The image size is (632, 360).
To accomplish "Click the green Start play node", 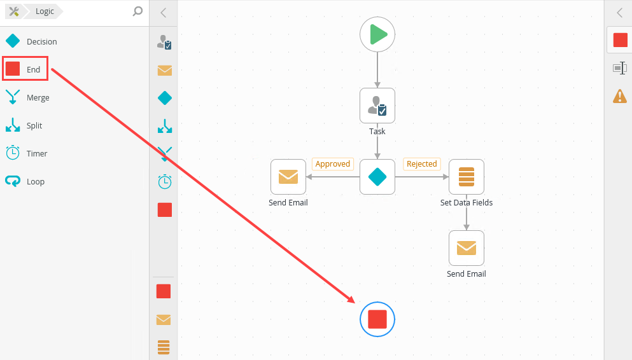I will click(377, 34).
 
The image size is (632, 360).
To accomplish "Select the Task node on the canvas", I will click(377, 106).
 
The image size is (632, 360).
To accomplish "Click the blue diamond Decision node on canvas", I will click(377, 177).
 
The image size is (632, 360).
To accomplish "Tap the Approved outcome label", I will click(333, 164).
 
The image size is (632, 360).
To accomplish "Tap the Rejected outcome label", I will click(422, 164).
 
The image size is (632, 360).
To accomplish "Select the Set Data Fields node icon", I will click(467, 177).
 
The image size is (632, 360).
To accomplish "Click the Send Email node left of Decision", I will click(288, 177).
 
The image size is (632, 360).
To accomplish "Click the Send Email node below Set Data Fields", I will click(467, 248).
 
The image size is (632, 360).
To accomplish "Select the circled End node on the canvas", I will click(377, 319).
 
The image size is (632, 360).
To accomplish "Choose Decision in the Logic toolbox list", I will click(41, 42).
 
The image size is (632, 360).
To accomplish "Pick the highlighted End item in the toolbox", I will click(25, 69).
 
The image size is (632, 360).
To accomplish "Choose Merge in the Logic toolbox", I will click(38, 98).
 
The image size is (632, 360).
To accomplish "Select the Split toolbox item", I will click(34, 126).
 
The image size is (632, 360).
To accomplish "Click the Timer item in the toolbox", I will click(37, 154).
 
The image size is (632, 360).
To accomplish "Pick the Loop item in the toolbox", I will click(36, 182).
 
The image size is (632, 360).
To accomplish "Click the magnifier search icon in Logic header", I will click(137, 11).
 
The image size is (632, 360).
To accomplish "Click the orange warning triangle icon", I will click(619, 96).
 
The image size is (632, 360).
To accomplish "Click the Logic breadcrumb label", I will click(45, 11).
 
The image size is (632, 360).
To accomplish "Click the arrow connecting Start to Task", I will click(377, 70).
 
